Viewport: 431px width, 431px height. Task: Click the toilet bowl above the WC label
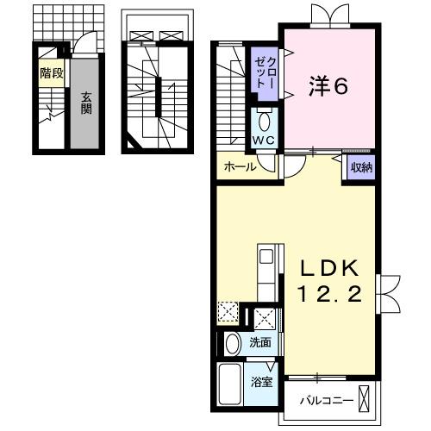click(x=264, y=119)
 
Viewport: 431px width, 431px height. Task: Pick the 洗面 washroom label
click(x=260, y=342)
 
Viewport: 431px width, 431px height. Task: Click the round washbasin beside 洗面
click(x=233, y=344)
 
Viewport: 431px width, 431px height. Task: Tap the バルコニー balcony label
click(x=326, y=401)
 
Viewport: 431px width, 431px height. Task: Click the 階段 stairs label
click(x=51, y=73)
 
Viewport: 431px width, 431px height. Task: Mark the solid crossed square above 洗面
click(x=265, y=318)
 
